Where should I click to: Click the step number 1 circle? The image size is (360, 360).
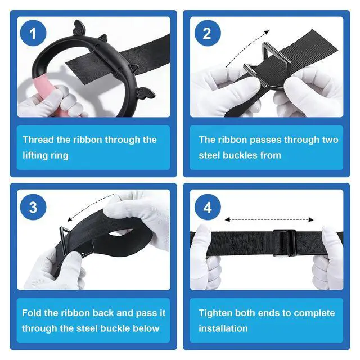33,33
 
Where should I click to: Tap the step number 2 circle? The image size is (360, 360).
208,33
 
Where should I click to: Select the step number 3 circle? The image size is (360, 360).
33,207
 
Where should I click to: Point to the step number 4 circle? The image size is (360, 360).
208,207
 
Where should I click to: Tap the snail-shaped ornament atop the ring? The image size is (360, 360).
79,28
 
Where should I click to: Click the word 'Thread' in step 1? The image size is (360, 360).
38,139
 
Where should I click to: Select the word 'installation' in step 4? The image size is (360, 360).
223,328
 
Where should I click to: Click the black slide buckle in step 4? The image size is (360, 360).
284,242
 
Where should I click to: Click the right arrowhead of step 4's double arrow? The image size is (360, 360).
311,219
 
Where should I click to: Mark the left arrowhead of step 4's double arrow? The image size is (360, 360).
227,219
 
